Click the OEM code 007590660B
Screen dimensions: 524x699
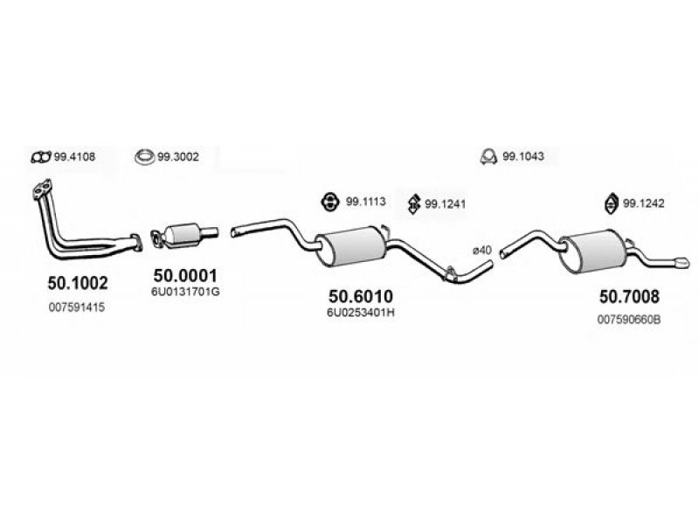(629, 320)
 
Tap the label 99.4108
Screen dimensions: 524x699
(74, 157)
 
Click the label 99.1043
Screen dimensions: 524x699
(523, 157)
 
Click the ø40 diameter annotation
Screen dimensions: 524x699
(482, 251)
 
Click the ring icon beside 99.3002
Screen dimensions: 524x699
(144, 157)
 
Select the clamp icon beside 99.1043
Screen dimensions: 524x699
(488, 157)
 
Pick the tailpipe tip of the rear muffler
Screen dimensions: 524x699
(680, 261)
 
